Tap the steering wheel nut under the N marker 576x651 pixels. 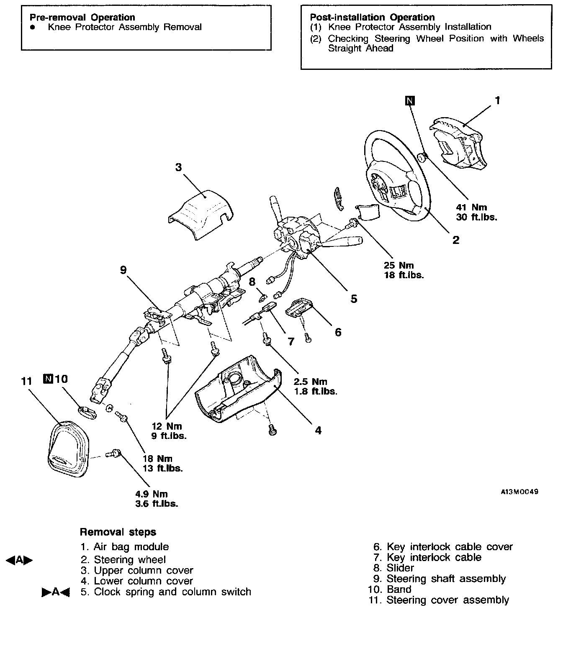(x=422, y=157)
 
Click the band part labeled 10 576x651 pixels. (x=87, y=412)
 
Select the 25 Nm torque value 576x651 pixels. (x=399, y=265)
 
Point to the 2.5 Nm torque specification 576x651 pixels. (x=310, y=382)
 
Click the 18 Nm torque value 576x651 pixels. (x=157, y=459)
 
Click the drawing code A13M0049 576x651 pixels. (x=519, y=492)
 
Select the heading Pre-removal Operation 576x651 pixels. (x=82, y=17)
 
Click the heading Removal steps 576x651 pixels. (x=118, y=532)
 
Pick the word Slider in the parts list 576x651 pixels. (x=400, y=568)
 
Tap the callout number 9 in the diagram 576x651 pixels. (x=123, y=270)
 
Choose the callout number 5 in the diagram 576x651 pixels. (x=354, y=298)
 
